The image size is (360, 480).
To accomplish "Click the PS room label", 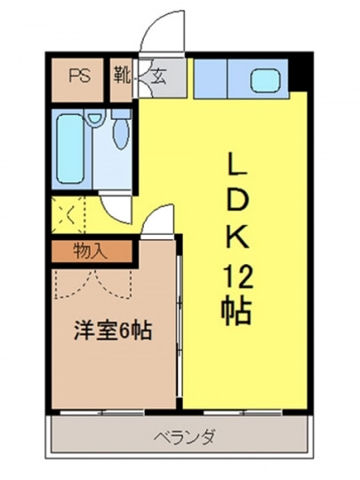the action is [x=80, y=76].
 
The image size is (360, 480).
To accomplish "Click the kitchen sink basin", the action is [x=266, y=80].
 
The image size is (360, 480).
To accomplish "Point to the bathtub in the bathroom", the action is [x=70, y=149].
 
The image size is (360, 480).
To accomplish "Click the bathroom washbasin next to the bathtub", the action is [x=94, y=117].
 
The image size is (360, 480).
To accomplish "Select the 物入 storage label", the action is [x=91, y=252].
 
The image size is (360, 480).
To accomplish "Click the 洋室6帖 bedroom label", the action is [x=113, y=331].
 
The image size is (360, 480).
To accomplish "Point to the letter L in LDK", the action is [x=236, y=164].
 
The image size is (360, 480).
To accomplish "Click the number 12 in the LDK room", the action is [x=237, y=278].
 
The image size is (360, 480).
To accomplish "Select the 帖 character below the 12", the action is [x=236, y=309].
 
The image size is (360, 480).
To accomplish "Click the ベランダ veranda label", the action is [x=184, y=437].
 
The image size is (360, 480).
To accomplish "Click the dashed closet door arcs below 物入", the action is [x=93, y=284].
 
